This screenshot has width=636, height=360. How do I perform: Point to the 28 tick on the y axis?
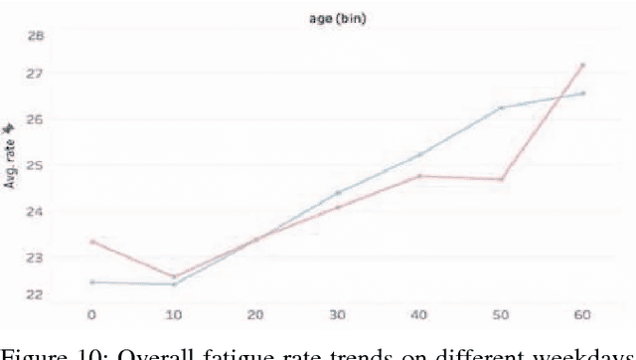(x=36, y=36)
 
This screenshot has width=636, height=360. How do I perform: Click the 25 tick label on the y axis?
(x=36, y=165)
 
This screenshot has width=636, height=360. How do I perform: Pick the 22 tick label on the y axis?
(x=36, y=294)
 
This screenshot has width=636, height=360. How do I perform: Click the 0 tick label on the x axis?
(x=91, y=314)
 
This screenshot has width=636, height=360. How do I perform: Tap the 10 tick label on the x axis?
(x=173, y=314)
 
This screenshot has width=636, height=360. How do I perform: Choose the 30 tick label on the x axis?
(x=337, y=314)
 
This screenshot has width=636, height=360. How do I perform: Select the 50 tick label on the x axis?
(x=501, y=314)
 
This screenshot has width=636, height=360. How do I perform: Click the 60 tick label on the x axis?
(x=582, y=314)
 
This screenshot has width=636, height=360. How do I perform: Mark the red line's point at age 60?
(x=583, y=65)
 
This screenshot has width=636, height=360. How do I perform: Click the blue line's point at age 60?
(x=583, y=93)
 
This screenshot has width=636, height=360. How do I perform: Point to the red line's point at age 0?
(x=91, y=242)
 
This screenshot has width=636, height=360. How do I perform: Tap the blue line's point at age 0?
(x=91, y=282)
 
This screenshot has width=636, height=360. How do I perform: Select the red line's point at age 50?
(x=502, y=179)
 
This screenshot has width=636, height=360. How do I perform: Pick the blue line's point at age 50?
(x=502, y=107)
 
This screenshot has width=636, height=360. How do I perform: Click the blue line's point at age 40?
(x=419, y=154)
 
